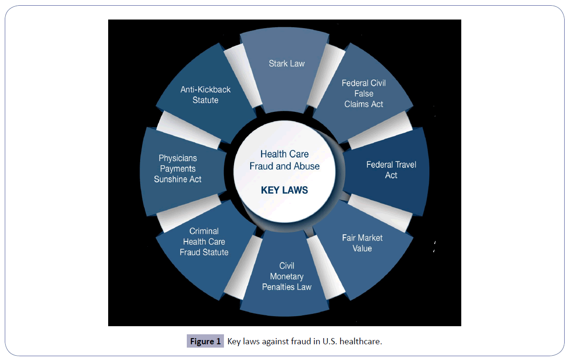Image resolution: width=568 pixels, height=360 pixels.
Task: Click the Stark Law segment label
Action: coord(286,63)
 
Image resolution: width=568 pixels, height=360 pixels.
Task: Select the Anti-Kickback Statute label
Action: coord(205,95)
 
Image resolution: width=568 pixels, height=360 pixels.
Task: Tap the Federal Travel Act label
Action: coord(391,170)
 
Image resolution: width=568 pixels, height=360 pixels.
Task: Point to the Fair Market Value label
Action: coord(362,243)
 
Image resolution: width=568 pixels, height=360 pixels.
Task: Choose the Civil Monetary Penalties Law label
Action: coord(286,276)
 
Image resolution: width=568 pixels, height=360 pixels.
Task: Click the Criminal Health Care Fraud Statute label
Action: coord(204,241)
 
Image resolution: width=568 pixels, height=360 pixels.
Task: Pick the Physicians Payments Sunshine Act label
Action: coord(178,169)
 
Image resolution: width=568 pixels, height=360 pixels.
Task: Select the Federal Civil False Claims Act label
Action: coord(364,93)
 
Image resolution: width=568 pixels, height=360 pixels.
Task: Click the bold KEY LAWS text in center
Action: coord(284,190)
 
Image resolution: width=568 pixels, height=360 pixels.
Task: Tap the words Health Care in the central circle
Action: coord(284,154)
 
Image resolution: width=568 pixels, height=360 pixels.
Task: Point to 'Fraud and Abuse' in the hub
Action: coord(284,166)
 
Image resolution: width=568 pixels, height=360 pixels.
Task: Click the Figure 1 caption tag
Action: coord(205,341)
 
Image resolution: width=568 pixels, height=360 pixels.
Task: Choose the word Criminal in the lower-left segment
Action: coord(204,231)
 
